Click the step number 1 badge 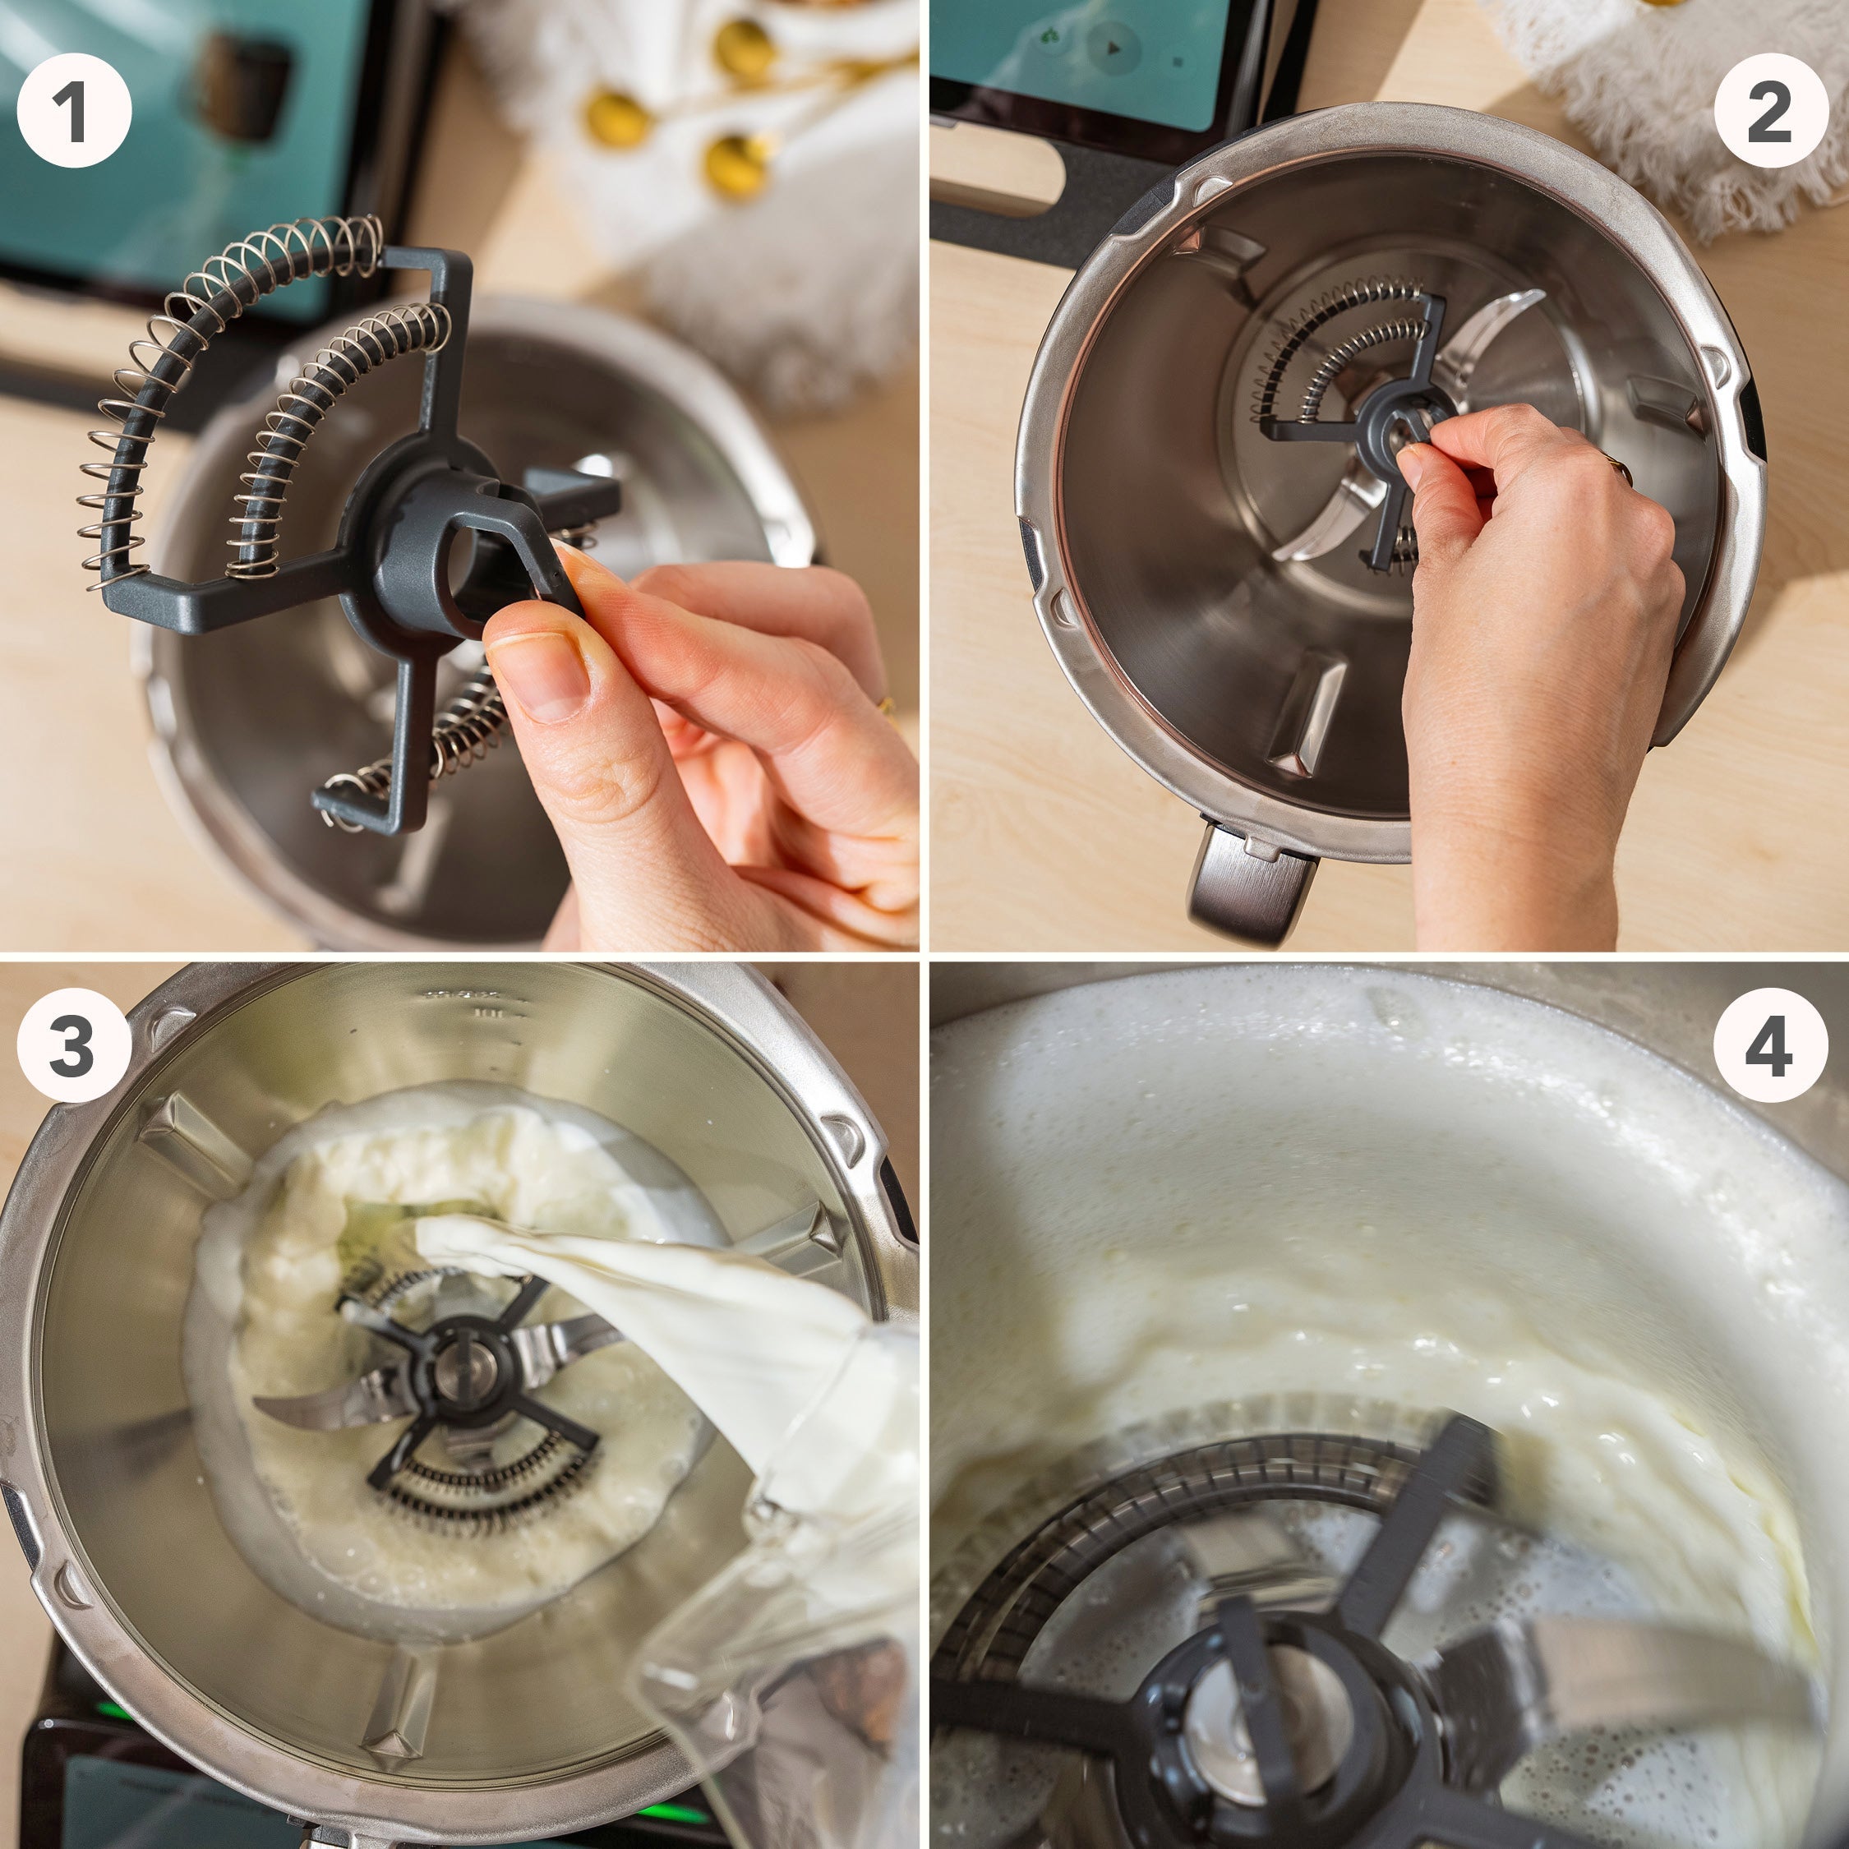tap(74, 111)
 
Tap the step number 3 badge tap(74, 1044)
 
